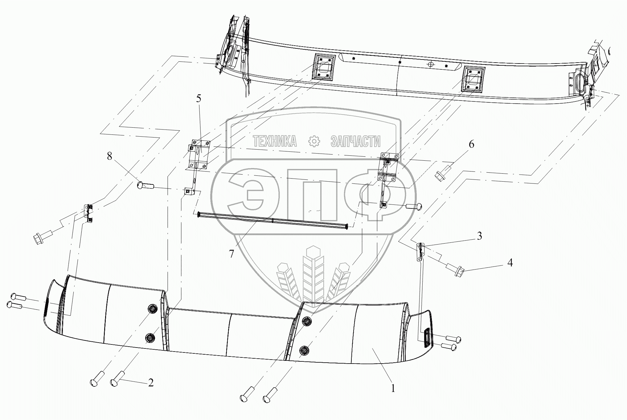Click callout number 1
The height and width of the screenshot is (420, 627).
click(393, 388)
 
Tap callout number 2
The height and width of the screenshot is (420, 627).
click(150, 383)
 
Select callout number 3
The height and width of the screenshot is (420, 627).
click(479, 236)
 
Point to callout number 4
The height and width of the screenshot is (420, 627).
click(510, 263)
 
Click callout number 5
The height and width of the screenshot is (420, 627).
click(199, 99)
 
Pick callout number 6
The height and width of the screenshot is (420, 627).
click(471, 144)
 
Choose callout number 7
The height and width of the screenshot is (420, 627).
click(231, 254)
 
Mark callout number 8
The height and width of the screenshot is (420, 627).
click(109, 156)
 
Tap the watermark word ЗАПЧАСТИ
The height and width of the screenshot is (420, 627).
click(355, 142)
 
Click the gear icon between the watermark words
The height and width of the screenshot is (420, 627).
click(314, 142)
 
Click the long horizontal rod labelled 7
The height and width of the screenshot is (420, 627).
click(273, 220)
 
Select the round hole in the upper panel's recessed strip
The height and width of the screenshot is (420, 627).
click(431, 64)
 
